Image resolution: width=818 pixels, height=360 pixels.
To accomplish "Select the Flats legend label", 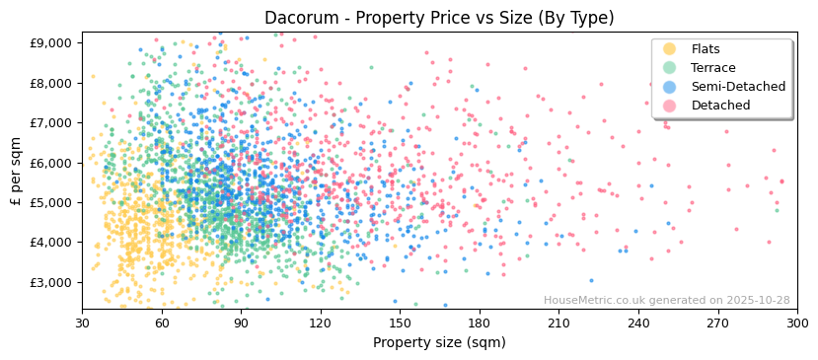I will click(x=706, y=49).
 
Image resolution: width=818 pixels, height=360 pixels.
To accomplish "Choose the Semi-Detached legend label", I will click(x=738, y=87).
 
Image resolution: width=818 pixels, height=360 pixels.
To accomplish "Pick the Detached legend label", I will click(x=720, y=106).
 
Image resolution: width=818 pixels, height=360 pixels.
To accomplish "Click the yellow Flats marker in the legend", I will click(x=670, y=49).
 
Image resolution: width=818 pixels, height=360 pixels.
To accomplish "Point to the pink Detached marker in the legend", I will click(x=670, y=106).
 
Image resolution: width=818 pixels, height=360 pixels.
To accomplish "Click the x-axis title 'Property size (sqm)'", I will click(x=439, y=343).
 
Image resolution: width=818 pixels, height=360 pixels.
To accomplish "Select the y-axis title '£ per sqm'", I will click(x=16, y=172).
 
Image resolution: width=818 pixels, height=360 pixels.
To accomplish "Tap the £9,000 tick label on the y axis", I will click(x=51, y=43).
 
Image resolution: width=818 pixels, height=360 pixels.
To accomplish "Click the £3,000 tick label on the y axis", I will click(x=51, y=282).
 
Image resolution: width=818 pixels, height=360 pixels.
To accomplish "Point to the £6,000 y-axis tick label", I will click(x=51, y=163).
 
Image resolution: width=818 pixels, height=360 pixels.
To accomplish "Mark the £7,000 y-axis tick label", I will click(x=51, y=123).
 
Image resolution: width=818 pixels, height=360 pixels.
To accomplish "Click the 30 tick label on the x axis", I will click(x=82, y=323).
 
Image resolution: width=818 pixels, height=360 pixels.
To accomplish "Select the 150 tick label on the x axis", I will click(x=400, y=323).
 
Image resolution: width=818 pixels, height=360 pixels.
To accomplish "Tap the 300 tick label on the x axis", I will click(x=796, y=323).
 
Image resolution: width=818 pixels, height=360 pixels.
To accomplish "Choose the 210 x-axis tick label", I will click(x=558, y=323).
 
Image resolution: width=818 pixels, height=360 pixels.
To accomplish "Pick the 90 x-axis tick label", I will click(x=241, y=323).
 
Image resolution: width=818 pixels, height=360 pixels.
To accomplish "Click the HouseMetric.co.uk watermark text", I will click(x=666, y=301).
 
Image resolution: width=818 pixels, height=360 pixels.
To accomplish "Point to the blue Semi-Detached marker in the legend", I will click(x=670, y=87).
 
